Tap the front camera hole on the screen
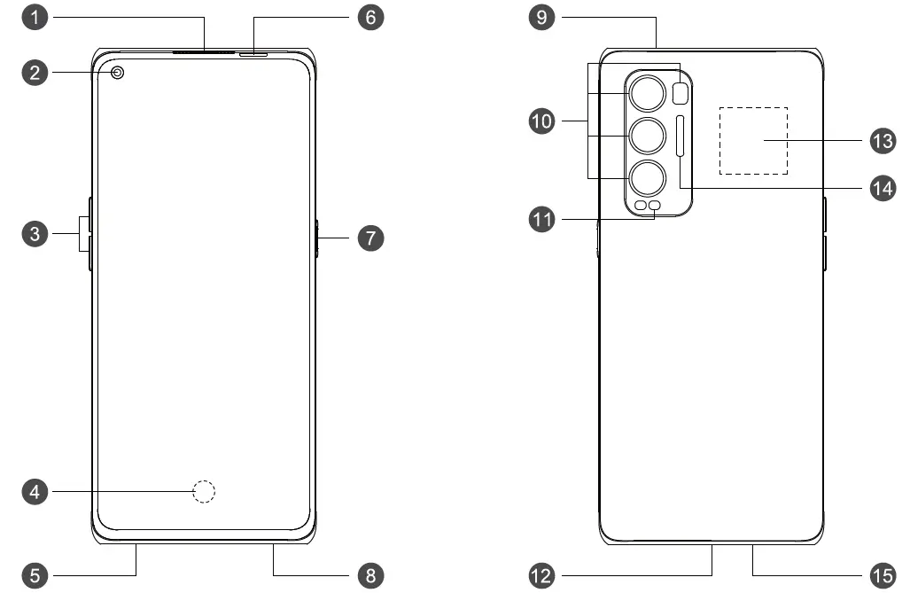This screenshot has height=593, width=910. point(117,73)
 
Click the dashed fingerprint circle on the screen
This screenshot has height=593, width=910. point(205,491)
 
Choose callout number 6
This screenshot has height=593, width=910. point(370,17)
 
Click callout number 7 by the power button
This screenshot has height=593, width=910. point(370,238)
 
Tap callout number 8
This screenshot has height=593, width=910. point(370,575)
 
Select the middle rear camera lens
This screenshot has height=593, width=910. point(648,136)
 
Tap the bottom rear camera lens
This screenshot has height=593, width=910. point(648,178)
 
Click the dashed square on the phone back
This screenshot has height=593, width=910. point(752,141)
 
